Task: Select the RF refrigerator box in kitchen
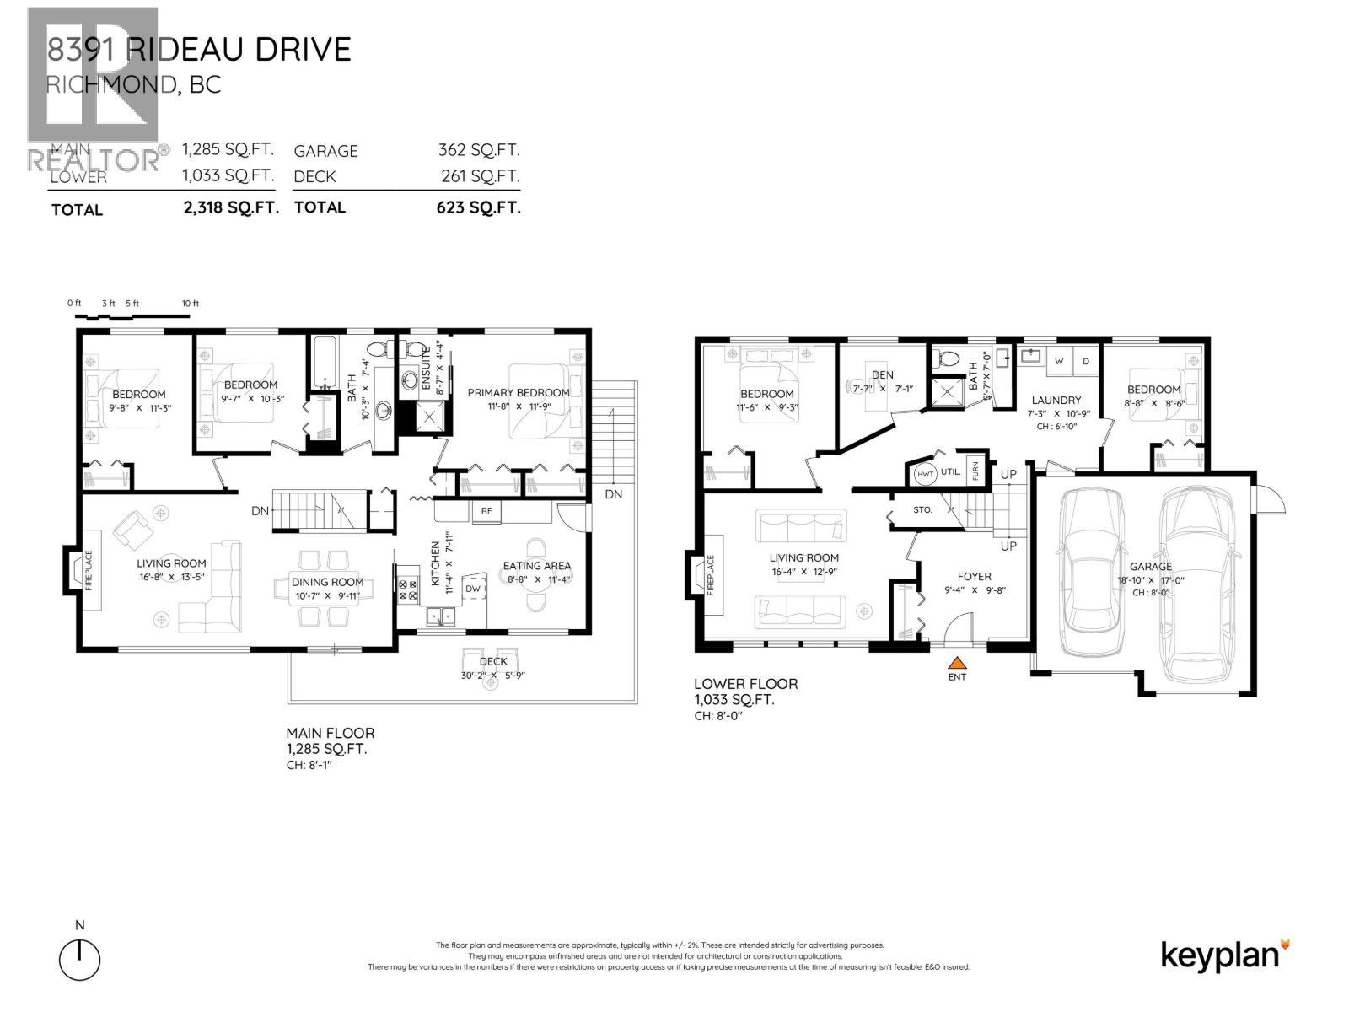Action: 486,510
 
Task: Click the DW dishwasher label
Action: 473,589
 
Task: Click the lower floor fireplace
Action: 708,575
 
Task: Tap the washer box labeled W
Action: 1058,361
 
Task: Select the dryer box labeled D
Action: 1086,361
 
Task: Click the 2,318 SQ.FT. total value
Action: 230,208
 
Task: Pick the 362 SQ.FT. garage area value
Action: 479,150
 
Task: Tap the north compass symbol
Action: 80,958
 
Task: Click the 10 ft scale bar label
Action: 191,304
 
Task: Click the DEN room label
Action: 883,374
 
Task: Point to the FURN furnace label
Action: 975,470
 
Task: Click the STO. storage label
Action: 922,509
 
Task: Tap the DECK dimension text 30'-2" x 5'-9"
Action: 493,675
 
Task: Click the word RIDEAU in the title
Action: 175,50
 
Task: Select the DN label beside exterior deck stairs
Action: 613,494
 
